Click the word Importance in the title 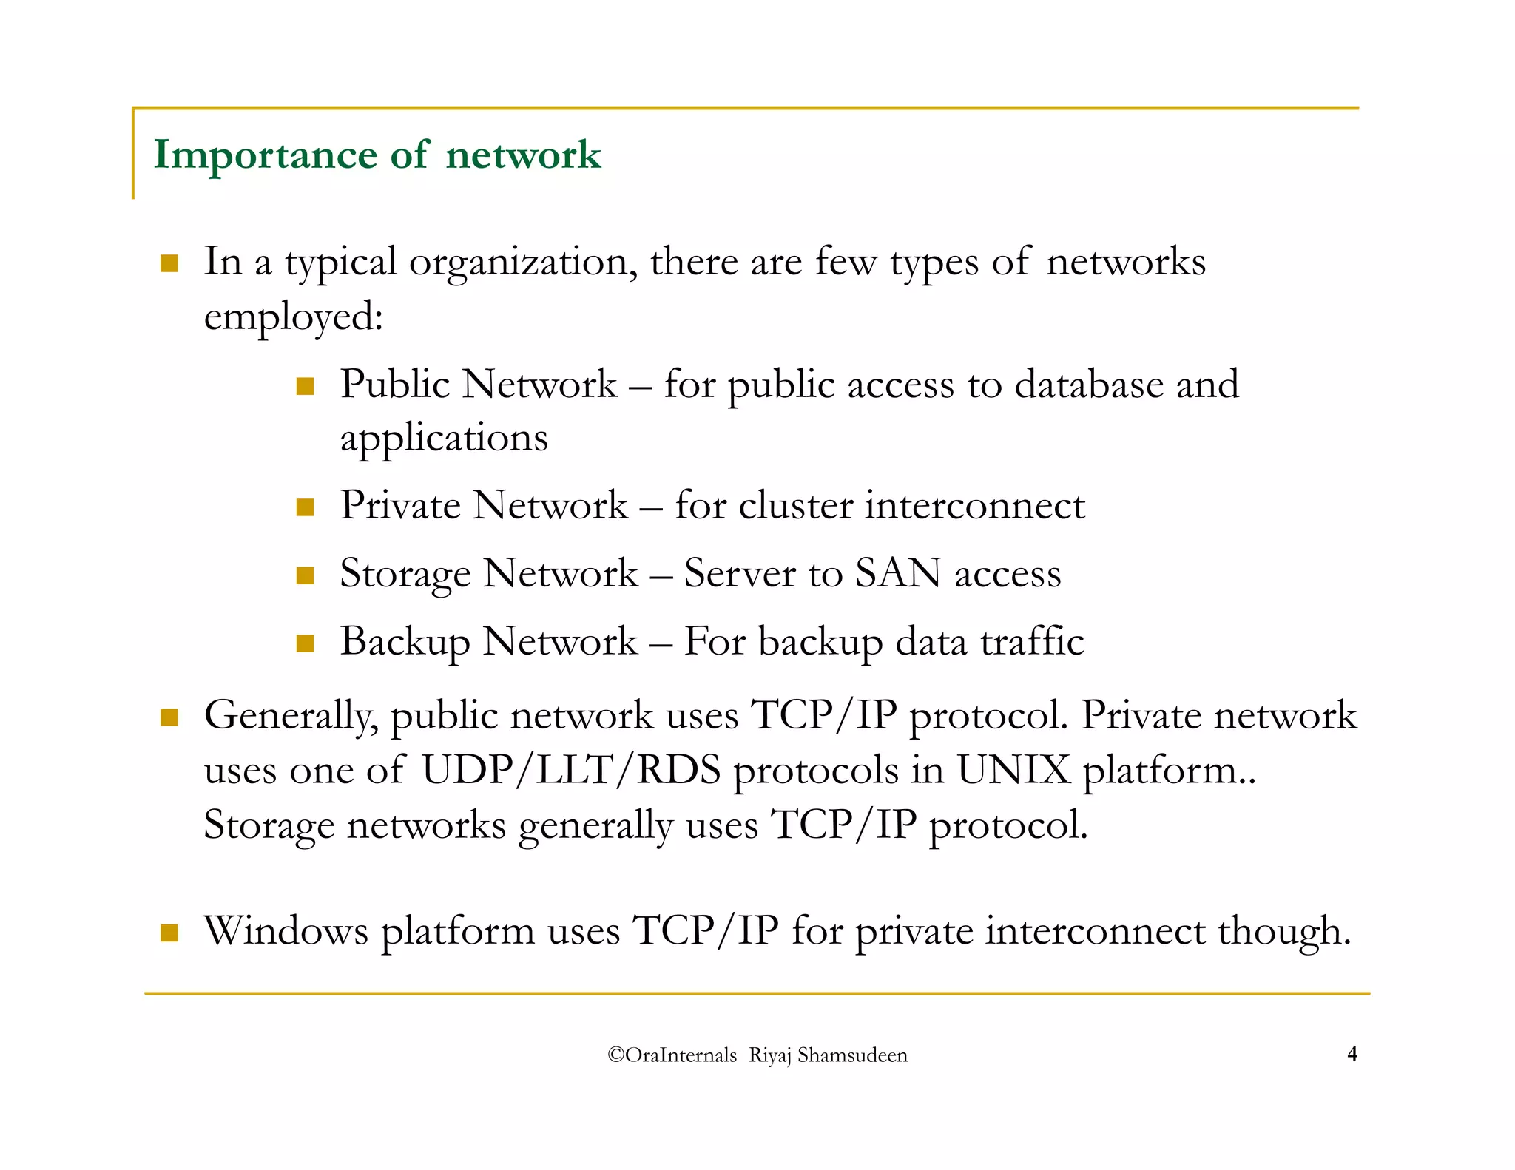pos(265,156)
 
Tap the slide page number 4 pos(1352,1054)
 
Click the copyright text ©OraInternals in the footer pos(672,1055)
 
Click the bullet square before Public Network pos(305,386)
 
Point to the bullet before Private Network pos(305,507)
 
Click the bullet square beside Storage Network pos(305,575)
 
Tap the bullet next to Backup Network pos(305,643)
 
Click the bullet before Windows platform pos(169,933)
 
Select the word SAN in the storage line pos(897,574)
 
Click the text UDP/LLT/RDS pos(570,771)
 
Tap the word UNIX pos(1013,771)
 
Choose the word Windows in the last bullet pos(286,931)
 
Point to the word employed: pos(294,318)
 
